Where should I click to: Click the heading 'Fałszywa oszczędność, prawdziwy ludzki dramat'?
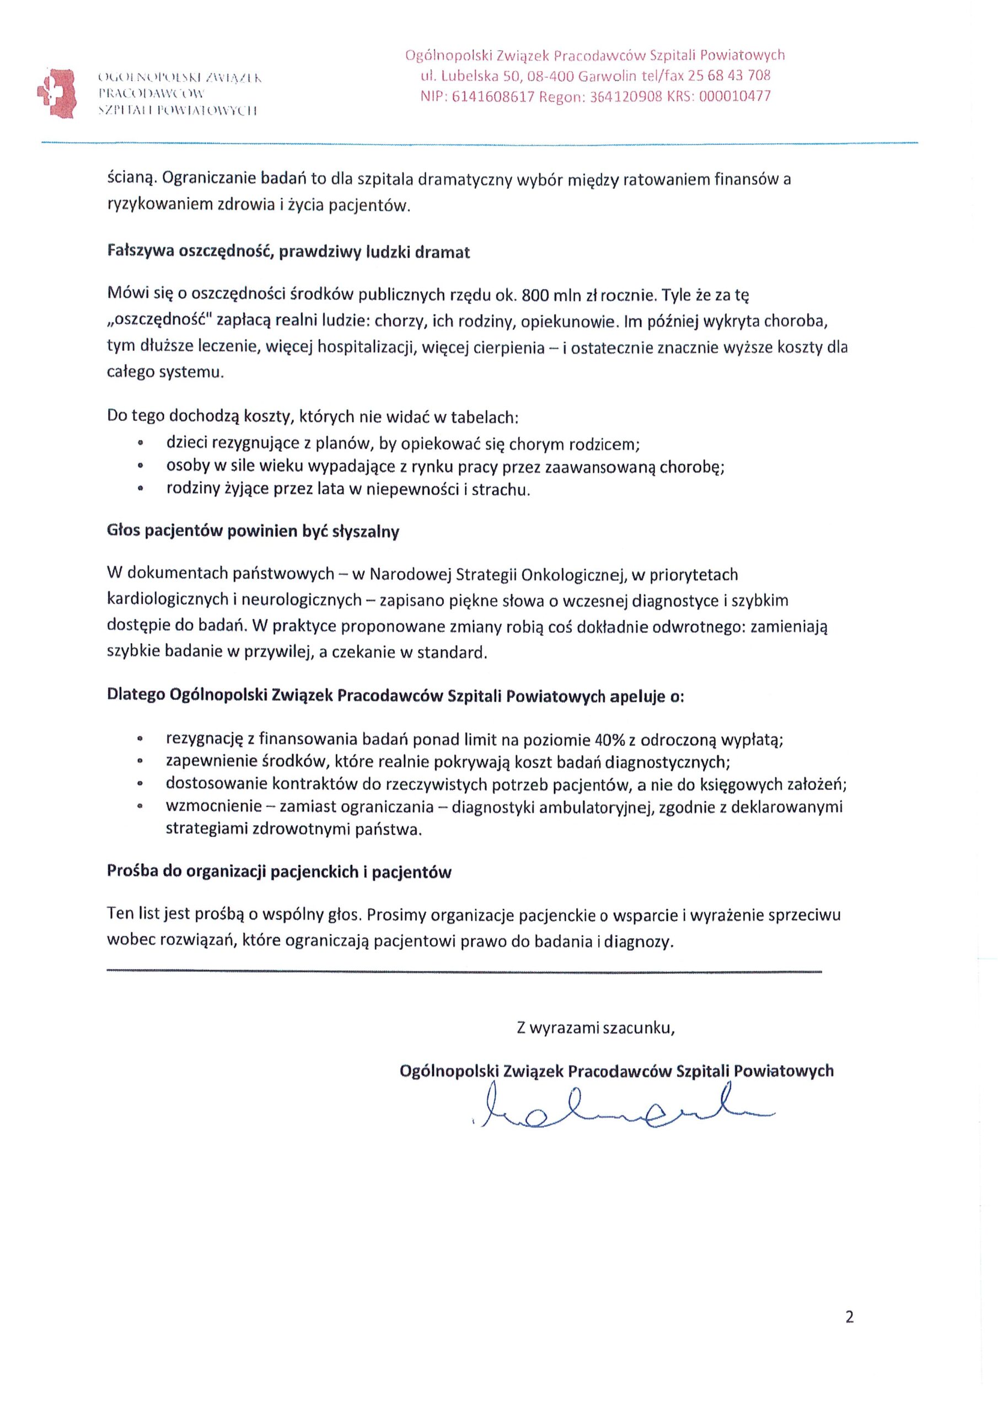click(x=288, y=253)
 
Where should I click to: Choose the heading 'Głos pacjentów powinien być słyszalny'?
click(x=253, y=532)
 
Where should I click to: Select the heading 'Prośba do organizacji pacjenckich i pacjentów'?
click(x=279, y=872)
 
